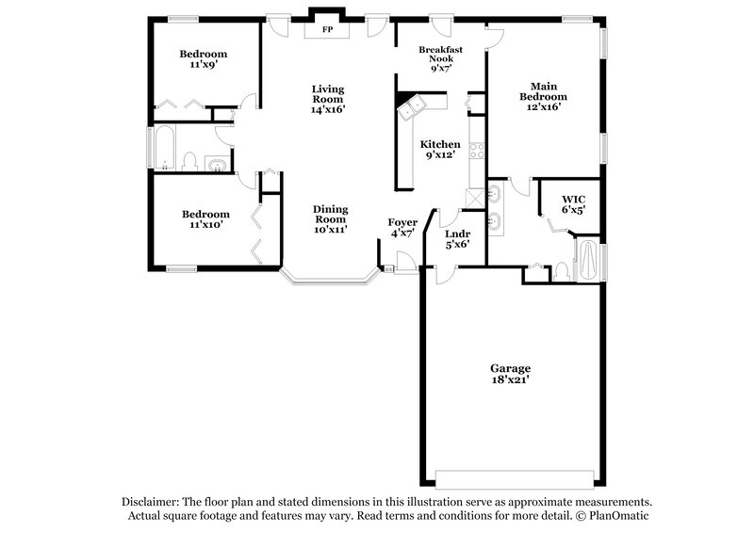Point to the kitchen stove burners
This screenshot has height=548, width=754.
pyautogui.click(x=476, y=153)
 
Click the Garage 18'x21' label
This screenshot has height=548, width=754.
pyautogui.click(x=510, y=373)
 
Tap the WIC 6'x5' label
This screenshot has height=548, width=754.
pyautogui.click(x=574, y=204)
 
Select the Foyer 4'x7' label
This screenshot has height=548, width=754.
pyautogui.click(x=402, y=227)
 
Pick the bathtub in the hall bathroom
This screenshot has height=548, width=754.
pyautogui.click(x=164, y=149)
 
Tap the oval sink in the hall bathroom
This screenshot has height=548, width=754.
pyautogui.click(x=218, y=166)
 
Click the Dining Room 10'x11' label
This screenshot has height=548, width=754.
pyautogui.click(x=331, y=218)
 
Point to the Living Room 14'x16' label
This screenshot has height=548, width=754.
pyautogui.click(x=328, y=99)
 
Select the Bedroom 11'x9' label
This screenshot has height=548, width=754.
pyautogui.click(x=204, y=59)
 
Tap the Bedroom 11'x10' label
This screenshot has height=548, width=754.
pyautogui.click(x=205, y=219)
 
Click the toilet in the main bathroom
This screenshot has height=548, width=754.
pyautogui.click(x=561, y=271)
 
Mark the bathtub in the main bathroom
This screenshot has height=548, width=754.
pyautogui.click(x=587, y=261)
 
